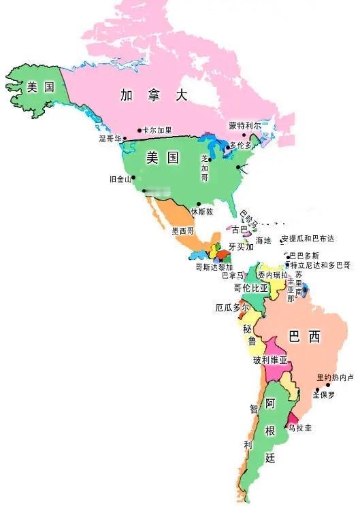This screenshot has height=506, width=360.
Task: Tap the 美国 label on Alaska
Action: point(41,86)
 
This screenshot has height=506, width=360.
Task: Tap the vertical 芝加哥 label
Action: point(204,167)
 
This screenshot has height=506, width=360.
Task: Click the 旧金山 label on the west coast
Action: point(120,180)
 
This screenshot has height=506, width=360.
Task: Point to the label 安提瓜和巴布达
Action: point(308,239)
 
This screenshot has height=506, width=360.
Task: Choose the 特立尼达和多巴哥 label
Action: point(320,265)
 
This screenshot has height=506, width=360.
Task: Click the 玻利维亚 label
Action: point(270,360)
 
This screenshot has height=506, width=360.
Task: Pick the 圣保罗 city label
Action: point(324,394)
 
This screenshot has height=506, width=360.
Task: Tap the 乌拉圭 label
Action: point(300,428)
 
